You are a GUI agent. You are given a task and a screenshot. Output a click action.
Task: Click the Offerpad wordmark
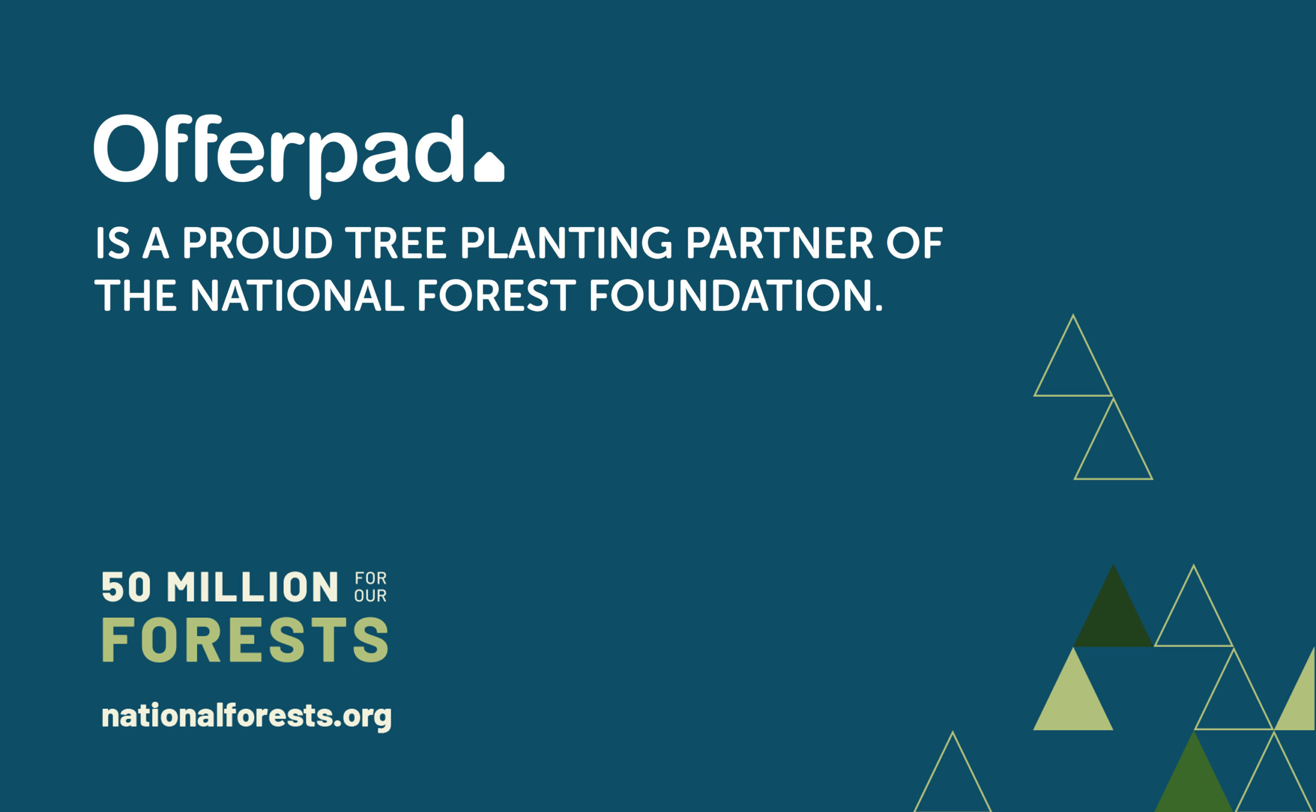click(278, 156)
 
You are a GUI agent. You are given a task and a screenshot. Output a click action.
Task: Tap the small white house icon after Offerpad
click(489, 167)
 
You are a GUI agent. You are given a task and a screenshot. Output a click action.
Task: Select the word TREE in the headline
click(395, 243)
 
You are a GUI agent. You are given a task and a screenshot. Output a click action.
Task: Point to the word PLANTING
click(566, 243)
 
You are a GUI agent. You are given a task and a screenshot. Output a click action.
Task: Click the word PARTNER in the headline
click(779, 243)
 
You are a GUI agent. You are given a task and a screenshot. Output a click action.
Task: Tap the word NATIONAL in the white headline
click(297, 295)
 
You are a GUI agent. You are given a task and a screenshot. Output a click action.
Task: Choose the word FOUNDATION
click(736, 295)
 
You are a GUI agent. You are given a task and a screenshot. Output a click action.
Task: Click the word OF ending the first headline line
click(914, 243)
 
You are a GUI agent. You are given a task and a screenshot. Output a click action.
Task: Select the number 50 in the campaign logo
click(126, 587)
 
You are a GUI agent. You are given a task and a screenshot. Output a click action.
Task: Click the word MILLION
click(252, 587)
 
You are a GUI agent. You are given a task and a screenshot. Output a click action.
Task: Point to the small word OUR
click(370, 596)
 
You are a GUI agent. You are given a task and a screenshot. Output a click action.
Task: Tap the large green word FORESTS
click(245, 639)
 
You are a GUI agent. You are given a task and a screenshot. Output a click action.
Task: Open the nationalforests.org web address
click(247, 716)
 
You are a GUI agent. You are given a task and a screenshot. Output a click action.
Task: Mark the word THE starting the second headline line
click(136, 295)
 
